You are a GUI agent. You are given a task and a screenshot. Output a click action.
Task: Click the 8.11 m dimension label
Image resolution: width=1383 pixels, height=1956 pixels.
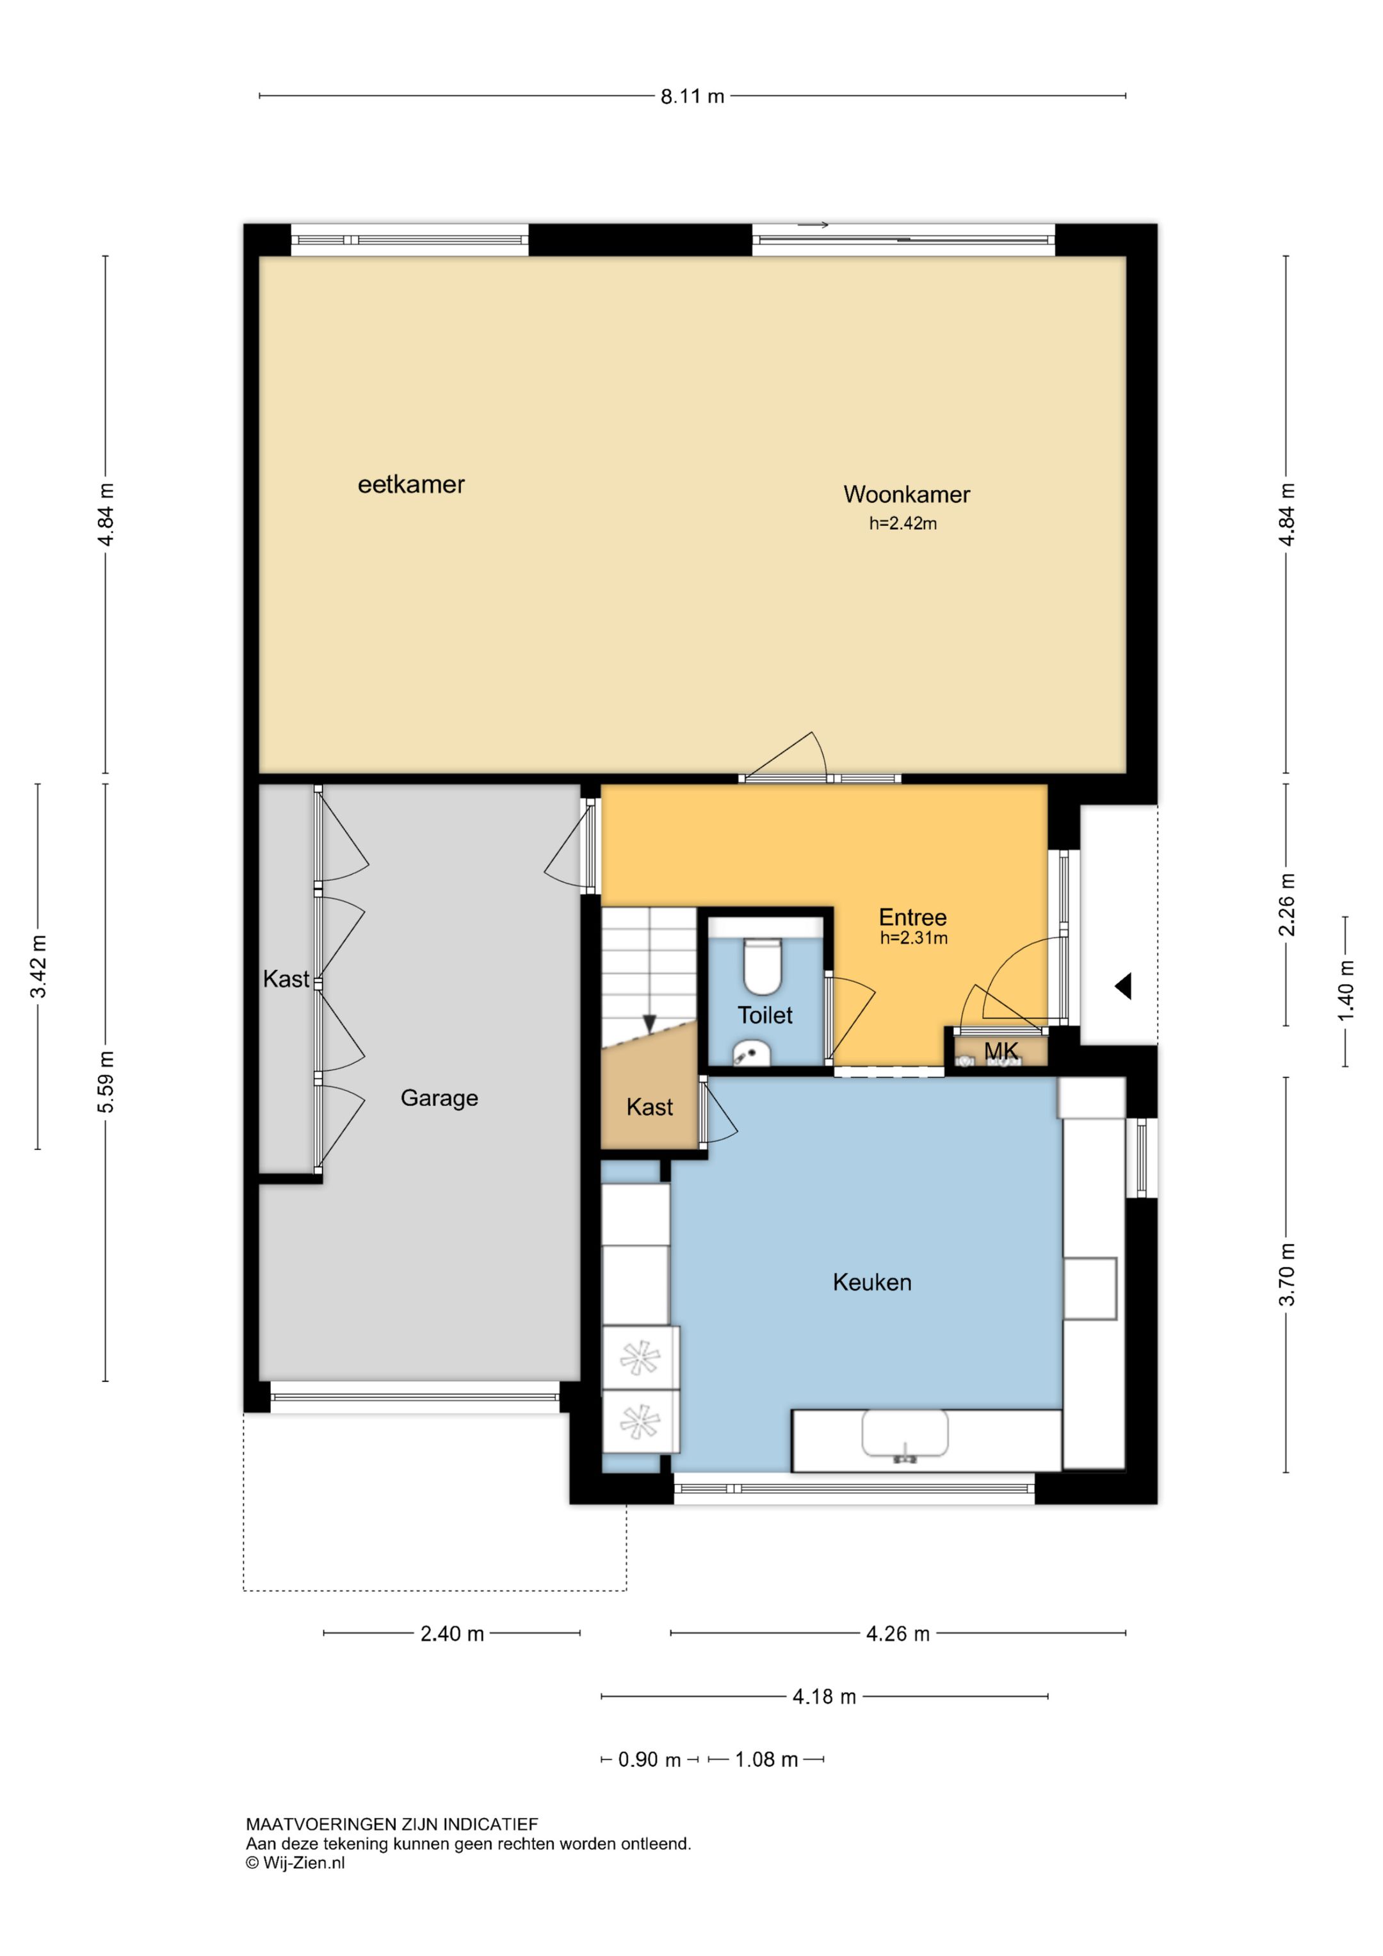pos(692,96)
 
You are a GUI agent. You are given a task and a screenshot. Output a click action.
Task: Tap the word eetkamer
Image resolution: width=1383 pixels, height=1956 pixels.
pos(411,485)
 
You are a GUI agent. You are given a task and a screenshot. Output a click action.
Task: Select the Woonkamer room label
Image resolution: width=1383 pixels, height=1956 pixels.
pos(907,494)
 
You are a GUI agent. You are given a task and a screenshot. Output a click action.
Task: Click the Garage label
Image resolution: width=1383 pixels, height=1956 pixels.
pos(439,1098)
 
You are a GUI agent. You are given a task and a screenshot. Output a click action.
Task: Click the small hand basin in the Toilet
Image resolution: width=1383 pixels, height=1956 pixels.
pos(751,1053)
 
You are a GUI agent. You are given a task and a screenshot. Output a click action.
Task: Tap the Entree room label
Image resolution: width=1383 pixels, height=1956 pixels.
pos(913,917)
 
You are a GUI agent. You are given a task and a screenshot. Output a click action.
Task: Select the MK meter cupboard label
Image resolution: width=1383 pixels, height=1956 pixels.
pos(1001,1051)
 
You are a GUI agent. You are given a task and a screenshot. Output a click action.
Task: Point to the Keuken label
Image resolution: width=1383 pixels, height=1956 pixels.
pos(872,1282)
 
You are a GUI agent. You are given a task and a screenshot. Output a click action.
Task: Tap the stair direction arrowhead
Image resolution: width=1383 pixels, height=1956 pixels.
pos(650,1023)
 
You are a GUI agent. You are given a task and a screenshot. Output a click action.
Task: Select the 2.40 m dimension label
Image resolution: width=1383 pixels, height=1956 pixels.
pos(452,1634)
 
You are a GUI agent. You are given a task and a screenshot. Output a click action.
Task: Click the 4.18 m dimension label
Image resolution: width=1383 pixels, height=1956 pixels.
pos(824,1696)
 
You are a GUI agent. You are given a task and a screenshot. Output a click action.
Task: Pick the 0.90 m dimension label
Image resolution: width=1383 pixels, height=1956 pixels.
pos(650,1760)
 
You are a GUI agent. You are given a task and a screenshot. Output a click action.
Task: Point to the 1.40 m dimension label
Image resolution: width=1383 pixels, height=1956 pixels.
pos(1345,990)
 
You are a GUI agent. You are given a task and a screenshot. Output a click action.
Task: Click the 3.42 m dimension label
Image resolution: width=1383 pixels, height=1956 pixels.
pos(38,966)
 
